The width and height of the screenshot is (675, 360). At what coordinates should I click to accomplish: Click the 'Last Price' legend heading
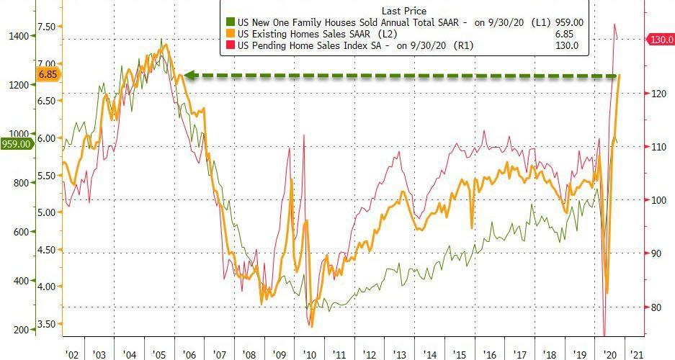pos(403,10)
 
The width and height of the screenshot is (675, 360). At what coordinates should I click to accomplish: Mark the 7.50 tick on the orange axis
pos(45,26)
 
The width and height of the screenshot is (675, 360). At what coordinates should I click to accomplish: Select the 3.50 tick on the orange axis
pos(45,323)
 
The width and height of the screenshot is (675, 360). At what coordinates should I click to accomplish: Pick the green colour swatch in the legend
pos(230,23)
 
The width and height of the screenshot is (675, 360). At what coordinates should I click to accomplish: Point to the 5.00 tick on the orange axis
pos(45,212)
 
